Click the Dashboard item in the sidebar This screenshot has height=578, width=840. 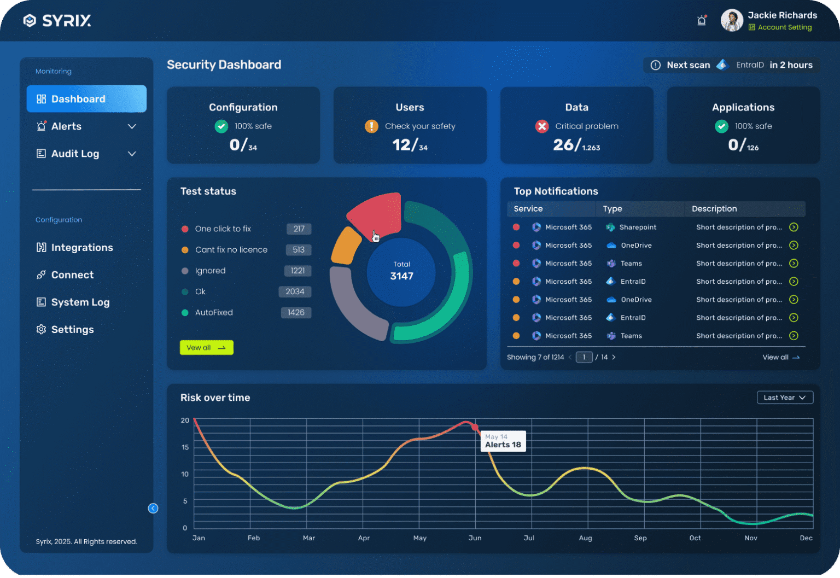click(86, 99)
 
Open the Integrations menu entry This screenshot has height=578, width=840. click(81, 248)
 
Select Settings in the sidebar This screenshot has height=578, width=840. click(72, 330)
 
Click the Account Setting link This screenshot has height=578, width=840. click(784, 27)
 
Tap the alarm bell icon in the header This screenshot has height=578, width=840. click(702, 21)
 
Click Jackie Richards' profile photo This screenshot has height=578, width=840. click(732, 21)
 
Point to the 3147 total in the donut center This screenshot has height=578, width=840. click(401, 276)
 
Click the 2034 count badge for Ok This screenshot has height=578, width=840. click(295, 292)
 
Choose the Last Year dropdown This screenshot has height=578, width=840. click(785, 398)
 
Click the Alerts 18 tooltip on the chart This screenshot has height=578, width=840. click(503, 441)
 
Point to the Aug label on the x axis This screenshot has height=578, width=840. click(585, 538)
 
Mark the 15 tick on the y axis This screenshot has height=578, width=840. click(185, 447)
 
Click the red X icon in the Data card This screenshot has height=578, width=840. click(542, 126)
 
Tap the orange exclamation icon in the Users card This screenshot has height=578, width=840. click(371, 126)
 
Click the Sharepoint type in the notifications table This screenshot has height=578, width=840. click(637, 227)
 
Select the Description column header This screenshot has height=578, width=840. click(714, 209)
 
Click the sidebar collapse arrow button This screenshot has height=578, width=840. click(153, 509)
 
